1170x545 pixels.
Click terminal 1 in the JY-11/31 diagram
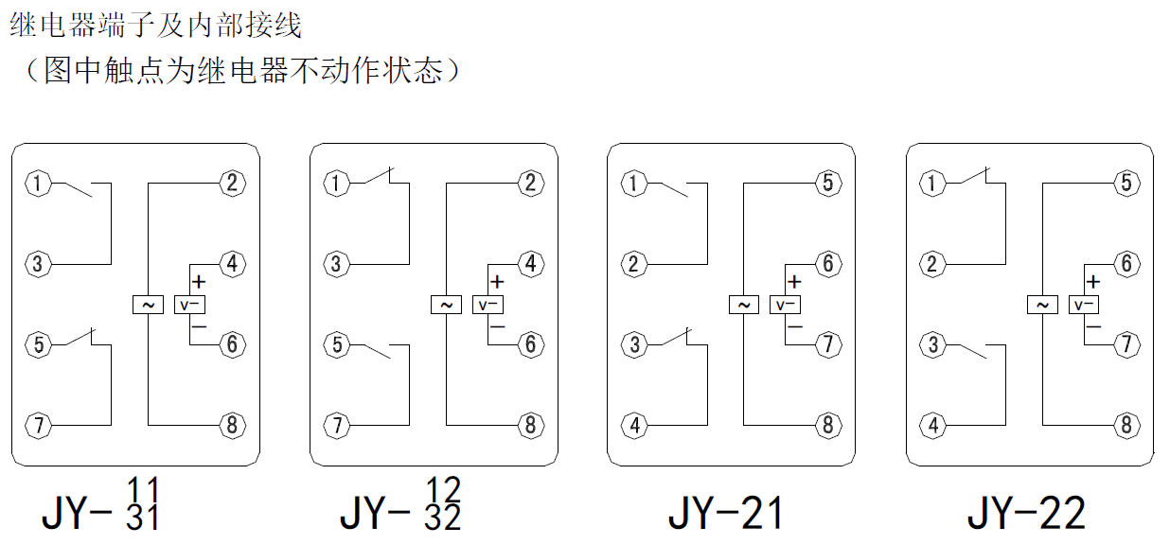(x=38, y=184)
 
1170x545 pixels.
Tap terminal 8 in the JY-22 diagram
(x=1126, y=425)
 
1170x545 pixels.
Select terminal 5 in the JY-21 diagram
(x=827, y=184)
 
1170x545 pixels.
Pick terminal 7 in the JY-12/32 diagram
(x=336, y=425)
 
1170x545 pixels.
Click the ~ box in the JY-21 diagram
(x=743, y=305)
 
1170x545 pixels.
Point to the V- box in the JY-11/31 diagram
(x=190, y=305)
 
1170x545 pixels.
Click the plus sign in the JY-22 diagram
(x=1093, y=281)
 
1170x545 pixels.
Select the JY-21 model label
(x=726, y=513)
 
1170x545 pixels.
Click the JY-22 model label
(x=1025, y=513)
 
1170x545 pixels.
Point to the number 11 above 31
(x=144, y=492)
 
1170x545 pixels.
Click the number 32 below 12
(x=443, y=519)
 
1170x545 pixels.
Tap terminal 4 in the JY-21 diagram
(x=634, y=425)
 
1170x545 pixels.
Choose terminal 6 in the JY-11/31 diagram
(x=231, y=344)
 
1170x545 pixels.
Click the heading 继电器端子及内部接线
(x=156, y=26)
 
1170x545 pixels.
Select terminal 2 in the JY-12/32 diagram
(x=530, y=184)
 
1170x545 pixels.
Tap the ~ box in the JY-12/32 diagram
(x=445, y=305)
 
